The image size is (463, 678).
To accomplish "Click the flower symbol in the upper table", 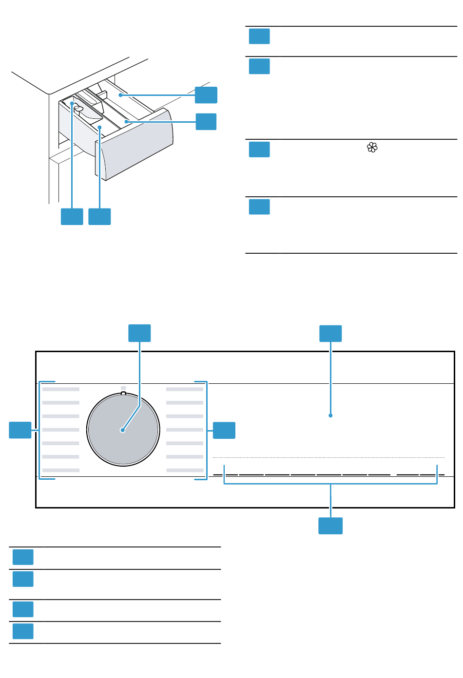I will click(372, 147).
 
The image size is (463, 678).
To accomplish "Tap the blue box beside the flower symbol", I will click(259, 149).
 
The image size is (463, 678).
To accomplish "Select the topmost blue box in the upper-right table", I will click(259, 36).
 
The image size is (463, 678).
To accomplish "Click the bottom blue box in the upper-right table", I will click(259, 207).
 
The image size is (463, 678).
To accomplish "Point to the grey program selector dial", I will click(123, 430).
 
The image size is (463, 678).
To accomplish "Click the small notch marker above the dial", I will click(123, 391).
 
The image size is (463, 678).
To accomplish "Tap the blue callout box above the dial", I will click(139, 333).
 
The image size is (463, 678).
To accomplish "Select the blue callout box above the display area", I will click(330, 333).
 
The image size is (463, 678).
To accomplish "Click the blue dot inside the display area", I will click(330, 415).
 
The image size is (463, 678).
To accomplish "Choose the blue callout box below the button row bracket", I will click(330, 526).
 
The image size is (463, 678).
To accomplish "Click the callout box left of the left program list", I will click(20, 430).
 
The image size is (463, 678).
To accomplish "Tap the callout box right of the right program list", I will click(224, 430).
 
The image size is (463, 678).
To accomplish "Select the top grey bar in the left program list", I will click(61, 389).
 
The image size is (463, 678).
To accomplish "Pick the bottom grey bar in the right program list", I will click(185, 470).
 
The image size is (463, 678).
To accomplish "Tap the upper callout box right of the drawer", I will click(206, 94).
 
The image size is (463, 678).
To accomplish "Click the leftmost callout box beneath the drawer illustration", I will click(72, 216).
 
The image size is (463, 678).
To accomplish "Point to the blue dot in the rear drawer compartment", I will click(120, 95).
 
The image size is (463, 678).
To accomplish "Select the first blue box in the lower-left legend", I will click(23, 557).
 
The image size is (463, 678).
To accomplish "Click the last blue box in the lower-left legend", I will click(23, 631).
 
